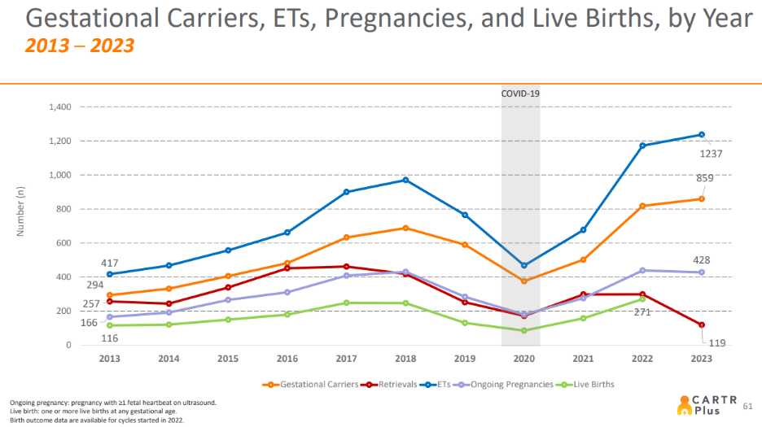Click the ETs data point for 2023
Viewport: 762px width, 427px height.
[701, 135]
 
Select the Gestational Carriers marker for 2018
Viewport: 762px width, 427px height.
[405, 229]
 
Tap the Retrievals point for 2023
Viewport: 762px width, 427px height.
[701, 325]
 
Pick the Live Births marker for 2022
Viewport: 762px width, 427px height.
[642, 299]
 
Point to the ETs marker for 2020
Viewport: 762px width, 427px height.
[523, 266]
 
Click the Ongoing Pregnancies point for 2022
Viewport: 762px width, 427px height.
[642, 271]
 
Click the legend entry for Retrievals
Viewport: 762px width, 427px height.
[392, 384]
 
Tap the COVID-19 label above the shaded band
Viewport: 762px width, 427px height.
[520, 94]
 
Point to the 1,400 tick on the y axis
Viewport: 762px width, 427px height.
[61, 107]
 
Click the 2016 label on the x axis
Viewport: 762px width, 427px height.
[287, 359]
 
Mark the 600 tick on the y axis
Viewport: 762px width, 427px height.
[65, 243]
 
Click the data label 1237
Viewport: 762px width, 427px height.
[710, 154]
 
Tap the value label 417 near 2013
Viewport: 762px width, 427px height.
[109, 264]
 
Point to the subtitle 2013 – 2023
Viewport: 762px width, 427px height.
[79, 46]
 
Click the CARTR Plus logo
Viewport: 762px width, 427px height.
[705, 403]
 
